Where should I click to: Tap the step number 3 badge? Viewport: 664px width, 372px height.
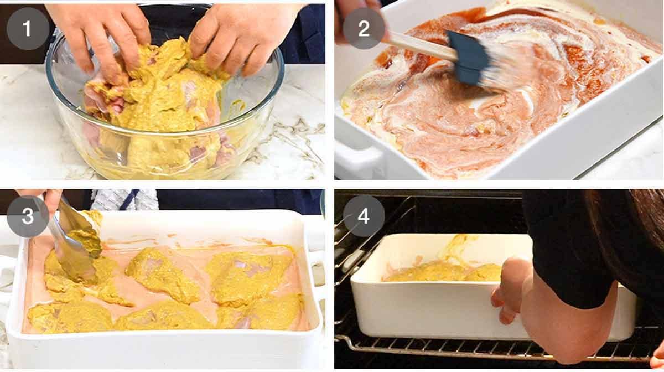click(x=28, y=216)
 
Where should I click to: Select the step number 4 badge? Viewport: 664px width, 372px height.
click(x=364, y=216)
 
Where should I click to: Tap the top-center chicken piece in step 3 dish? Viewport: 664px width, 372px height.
click(x=160, y=274)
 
